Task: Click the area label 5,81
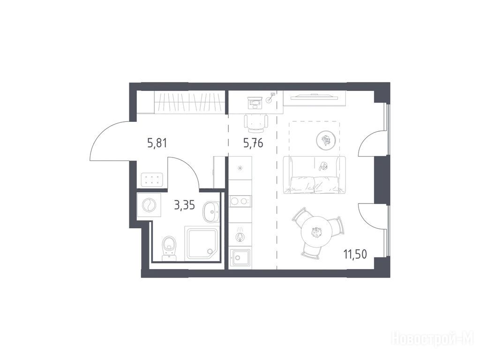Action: (157, 142)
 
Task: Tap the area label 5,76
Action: (253, 143)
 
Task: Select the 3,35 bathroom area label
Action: (184, 205)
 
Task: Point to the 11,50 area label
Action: (355, 254)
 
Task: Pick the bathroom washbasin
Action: (211, 211)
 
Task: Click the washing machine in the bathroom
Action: (149, 205)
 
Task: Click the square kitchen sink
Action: (240, 257)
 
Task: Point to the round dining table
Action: (316, 232)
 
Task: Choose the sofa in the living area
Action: (315, 175)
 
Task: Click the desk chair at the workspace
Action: (256, 123)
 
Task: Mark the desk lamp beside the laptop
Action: (270, 97)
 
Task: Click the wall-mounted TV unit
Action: (315, 98)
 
